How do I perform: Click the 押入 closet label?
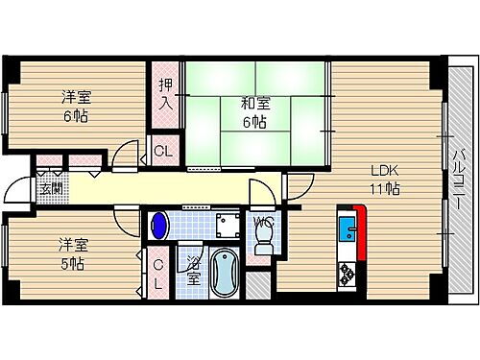165,92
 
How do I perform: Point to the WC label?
262,224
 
